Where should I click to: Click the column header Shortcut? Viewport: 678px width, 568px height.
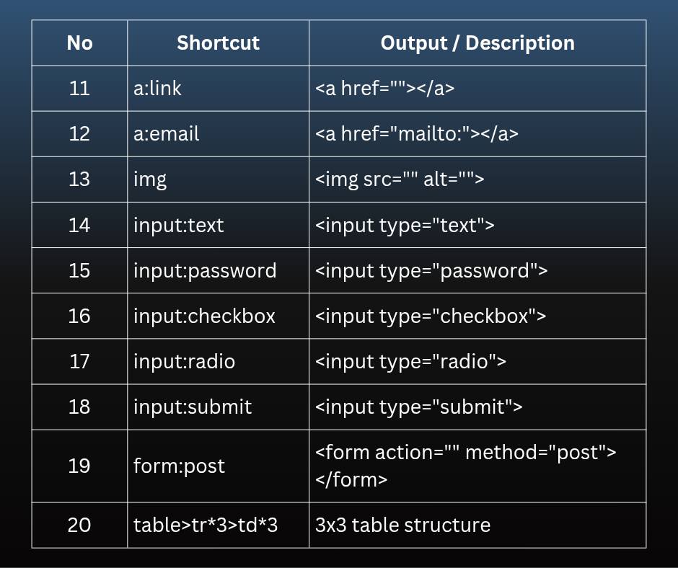coord(218,43)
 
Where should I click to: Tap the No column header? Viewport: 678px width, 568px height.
coord(79,43)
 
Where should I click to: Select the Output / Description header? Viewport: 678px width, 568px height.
coord(477,43)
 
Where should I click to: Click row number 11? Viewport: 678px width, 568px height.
coord(79,88)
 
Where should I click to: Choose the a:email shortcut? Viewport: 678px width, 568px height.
coord(167,133)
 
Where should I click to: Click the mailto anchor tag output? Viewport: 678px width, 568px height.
coord(417,133)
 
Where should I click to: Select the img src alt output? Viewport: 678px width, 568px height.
coord(400,179)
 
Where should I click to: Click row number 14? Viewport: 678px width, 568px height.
coord(79,225)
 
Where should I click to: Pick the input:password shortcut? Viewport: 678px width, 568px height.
coord(205,271)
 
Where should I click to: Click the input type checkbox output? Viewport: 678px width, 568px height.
coord(431,316)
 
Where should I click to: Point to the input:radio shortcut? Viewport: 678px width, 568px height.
coord(184,361)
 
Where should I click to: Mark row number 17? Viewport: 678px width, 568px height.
coord(79,361)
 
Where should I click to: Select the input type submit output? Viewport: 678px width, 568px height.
coord(418,407)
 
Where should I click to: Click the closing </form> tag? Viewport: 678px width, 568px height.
coord(351,480)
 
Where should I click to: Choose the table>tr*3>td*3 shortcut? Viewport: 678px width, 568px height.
coord(206,525)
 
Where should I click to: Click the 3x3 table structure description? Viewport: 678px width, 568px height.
coord(402,525)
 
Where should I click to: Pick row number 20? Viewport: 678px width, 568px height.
coord(79,525)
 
